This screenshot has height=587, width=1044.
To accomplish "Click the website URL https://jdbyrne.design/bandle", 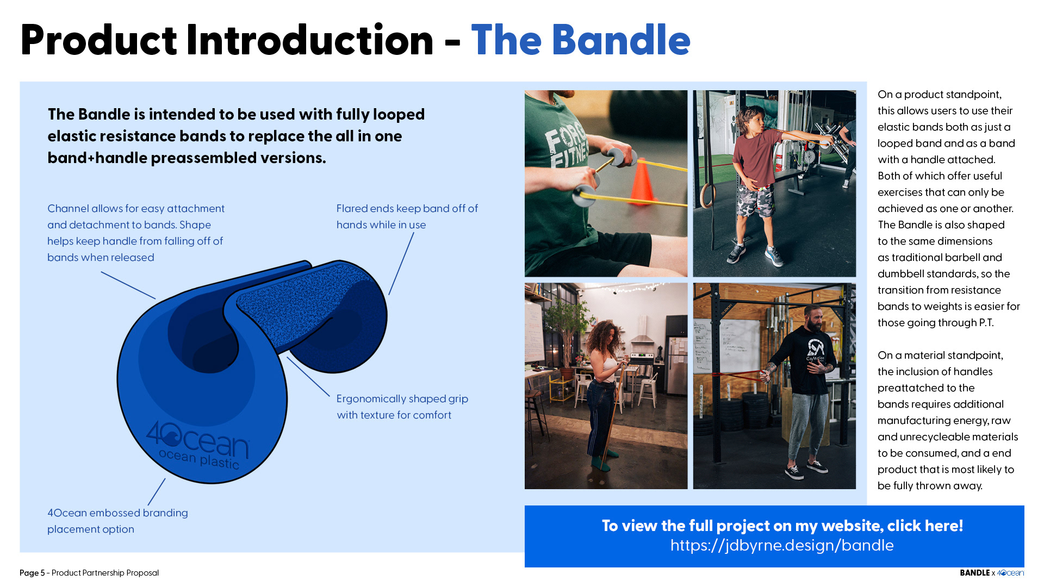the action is (782, 545).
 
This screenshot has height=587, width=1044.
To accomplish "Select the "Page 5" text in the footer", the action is (32, 573).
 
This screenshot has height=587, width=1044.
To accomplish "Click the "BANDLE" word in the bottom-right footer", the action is (974, 573).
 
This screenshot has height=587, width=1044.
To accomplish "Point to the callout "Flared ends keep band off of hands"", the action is (407, 216).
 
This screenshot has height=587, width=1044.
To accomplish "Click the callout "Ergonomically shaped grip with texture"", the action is (402, 407).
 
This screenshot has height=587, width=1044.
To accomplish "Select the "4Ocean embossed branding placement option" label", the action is (117, 521).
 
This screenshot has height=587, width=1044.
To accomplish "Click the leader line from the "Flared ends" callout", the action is (401, 264).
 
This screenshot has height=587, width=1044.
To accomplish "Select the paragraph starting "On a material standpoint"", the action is (948, 420).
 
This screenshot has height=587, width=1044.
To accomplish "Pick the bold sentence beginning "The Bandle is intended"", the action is (236, 136).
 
